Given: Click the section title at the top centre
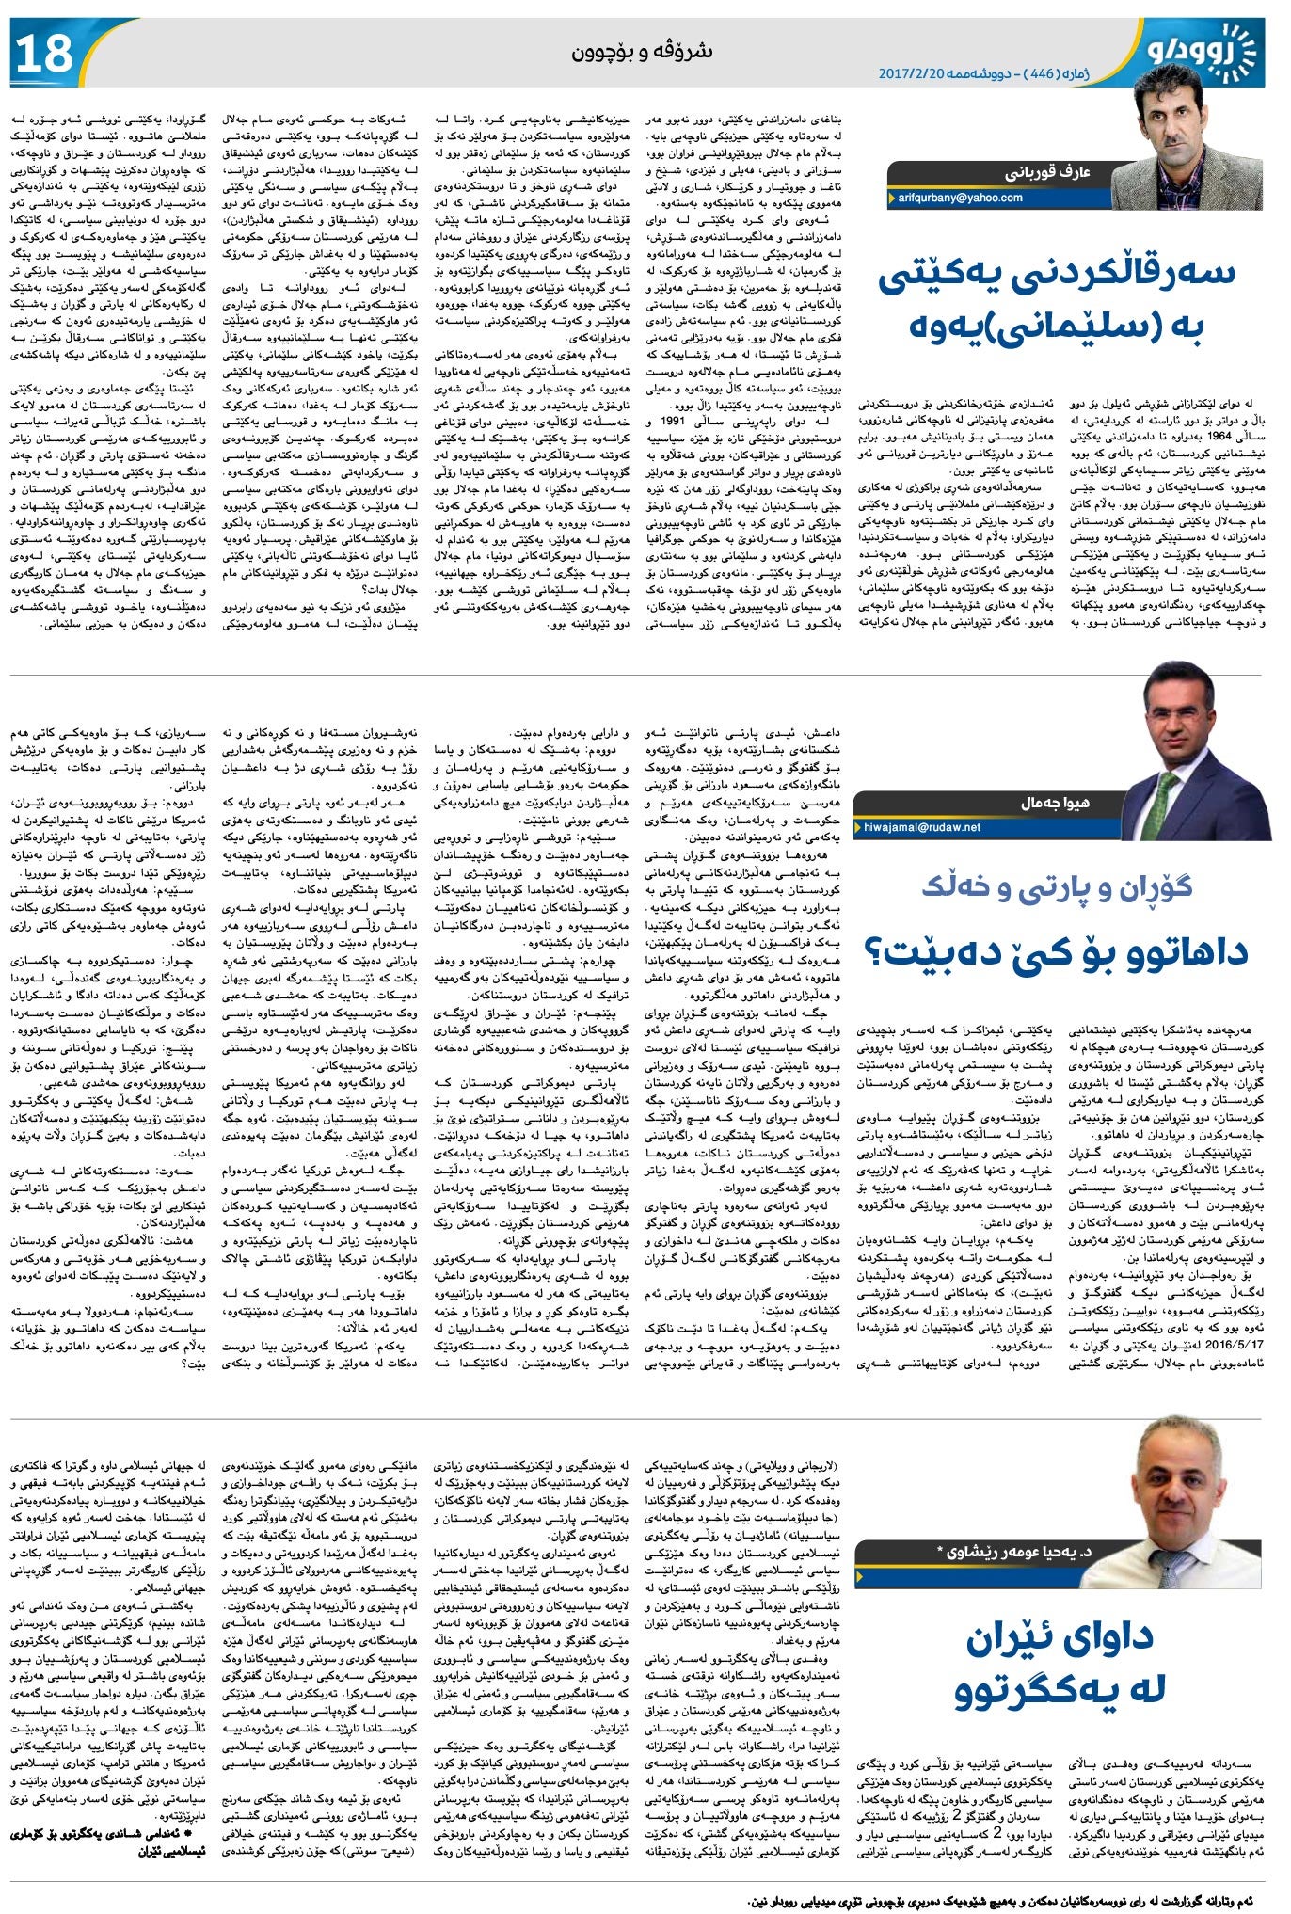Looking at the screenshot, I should (x=642, y=52).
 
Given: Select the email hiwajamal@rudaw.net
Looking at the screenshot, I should (x=922, y=827).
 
